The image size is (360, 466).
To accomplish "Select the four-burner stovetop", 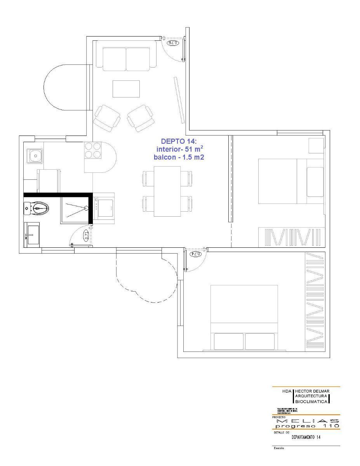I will [x=93, y=150].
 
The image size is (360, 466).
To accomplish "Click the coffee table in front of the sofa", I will [x=126, y=89].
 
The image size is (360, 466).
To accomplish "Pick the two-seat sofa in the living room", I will [x=126, y=59].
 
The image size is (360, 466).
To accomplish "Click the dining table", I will [x=167, y=191].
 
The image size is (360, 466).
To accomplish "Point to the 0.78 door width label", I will [x=173, y=42].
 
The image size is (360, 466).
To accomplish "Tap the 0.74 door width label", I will [x=195, y=254].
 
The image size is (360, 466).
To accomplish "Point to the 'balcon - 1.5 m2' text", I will [x=179, y=157].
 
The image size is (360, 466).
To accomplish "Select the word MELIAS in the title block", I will [x=308, y=421].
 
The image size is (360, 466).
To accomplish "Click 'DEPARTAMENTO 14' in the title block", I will [x=306, y=437].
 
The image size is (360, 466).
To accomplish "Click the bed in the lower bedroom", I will [x=244, y=318].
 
